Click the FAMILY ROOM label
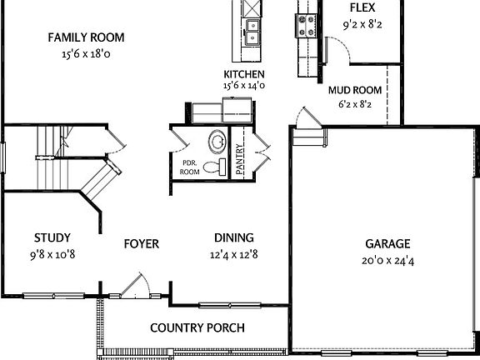[86, 37]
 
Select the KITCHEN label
[244, 74]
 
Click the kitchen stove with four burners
[305, 26]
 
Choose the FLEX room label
[362, 8]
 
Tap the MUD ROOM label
[355, 90]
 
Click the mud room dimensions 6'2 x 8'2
[355, 105]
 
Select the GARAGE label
[387, 244]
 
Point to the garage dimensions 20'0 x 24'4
[387, 259]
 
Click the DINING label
[233, 237]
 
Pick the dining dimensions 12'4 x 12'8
[233, 253]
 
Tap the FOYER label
[141, 244]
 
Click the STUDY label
[52, 237]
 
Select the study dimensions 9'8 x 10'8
[52, 253]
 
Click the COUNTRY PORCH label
[197, 327]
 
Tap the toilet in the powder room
[215, 168]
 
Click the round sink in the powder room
[217, 142]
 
